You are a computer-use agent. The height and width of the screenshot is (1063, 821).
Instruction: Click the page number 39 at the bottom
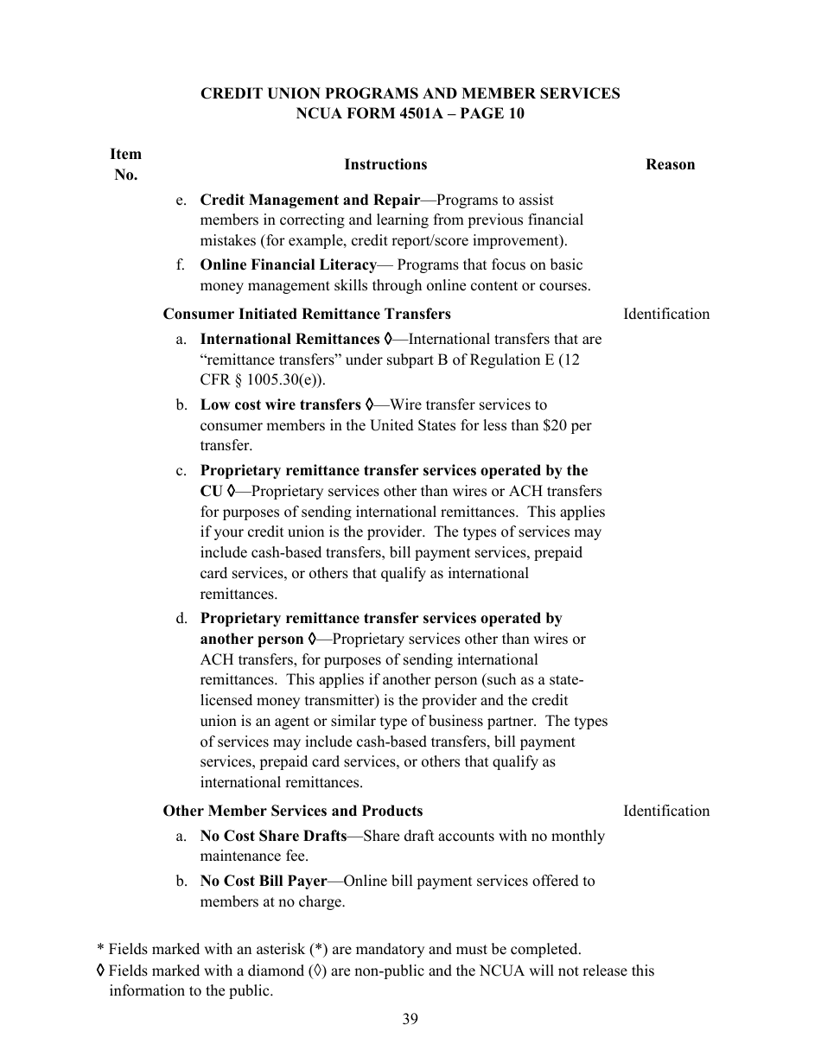coord(410,1019)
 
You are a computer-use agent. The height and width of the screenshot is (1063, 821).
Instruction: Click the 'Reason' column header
coord(670,164)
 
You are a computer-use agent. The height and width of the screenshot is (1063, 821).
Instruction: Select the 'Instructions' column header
coord(385,164)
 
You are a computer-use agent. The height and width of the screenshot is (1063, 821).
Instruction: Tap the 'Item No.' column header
coord(125,164)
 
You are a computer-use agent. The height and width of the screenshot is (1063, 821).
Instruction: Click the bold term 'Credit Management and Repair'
coord(309,200)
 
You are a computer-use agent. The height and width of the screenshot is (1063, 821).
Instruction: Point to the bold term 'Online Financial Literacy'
coord(288,264)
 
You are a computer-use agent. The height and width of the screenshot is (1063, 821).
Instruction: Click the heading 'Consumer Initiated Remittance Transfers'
coord(307,314)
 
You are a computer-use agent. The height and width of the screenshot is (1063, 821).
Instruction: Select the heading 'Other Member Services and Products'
coord(293,811)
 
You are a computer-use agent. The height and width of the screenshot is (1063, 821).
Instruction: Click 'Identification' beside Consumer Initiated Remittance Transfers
coord(665,314)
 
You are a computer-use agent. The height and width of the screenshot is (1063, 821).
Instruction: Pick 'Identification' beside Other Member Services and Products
coord(665,811)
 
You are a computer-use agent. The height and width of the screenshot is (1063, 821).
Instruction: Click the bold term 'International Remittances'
coord(290,339)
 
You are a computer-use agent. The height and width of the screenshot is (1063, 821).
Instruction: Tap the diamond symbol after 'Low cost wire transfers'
coord(370,404)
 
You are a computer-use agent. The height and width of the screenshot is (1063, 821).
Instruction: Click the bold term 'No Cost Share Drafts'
coord(273,836)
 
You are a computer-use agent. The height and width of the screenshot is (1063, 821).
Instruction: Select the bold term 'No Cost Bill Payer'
coord(264,881)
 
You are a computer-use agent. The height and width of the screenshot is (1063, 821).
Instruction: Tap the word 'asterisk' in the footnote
coord(279,949)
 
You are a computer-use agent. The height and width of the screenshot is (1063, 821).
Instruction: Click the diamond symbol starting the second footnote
coord(101,971)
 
